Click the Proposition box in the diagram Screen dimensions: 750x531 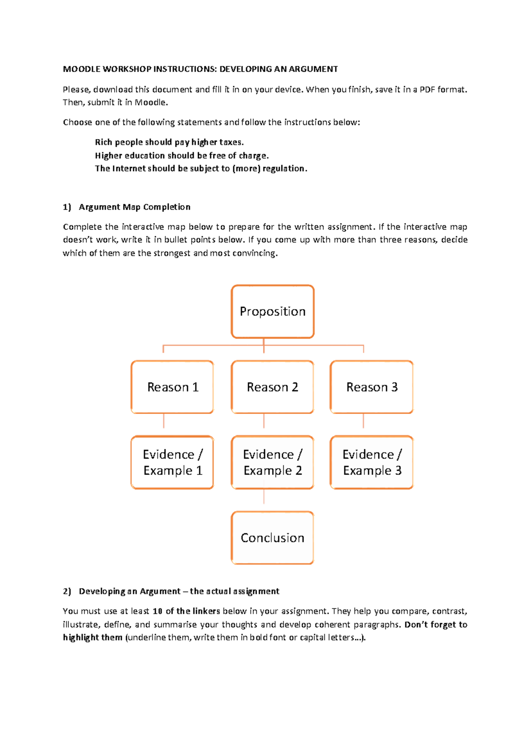point(273,312)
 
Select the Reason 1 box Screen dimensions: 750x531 point(173,387)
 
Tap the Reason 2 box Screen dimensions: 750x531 point(273,387)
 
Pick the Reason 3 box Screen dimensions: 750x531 point(372,387)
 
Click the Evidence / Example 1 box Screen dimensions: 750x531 point(173,463)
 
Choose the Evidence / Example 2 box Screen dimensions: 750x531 point(273,463)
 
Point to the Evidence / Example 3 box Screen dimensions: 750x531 point(372,463)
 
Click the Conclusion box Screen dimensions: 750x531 point(273,538)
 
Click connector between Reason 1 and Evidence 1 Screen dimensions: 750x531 point(164,421)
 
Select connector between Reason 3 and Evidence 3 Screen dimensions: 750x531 point(363,421)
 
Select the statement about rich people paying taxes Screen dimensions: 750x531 point(169,142)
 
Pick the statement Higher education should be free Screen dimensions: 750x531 point(182,156)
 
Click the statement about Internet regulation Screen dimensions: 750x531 point(201,168)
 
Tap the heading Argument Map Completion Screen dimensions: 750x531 point(135,207)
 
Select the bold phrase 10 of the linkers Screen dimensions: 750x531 point(186,611)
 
